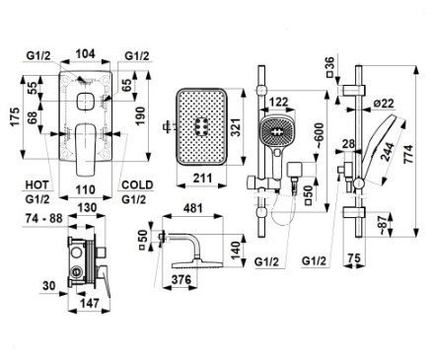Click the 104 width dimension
coord(86,54)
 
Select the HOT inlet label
coord(36,184)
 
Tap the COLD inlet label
coord(137,184)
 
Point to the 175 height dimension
coord(15,117)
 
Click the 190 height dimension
coord(140,115)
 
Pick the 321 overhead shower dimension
coord(236,127)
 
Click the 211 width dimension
coord(202,179)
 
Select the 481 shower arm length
coord(192,208)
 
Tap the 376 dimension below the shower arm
coord(181,280)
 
